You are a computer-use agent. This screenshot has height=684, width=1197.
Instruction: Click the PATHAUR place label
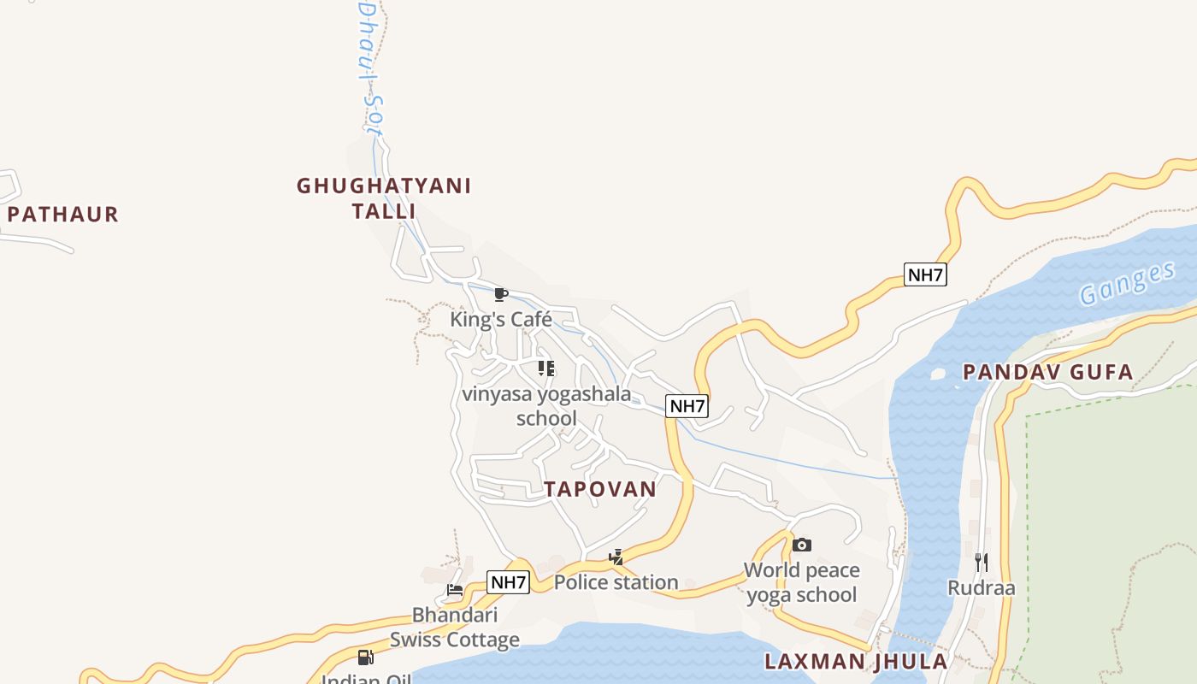coord(62,214)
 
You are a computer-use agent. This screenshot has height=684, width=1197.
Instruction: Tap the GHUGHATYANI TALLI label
coord(384,198)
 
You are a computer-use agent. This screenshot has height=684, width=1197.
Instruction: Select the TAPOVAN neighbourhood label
coord(600,489)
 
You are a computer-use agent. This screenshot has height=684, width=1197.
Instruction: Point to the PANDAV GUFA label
coord(1047,372)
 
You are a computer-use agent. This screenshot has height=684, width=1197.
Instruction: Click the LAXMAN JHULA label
coord(856,661)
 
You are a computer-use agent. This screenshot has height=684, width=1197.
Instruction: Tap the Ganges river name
coord(1127,284)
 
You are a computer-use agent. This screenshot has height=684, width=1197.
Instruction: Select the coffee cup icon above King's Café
coord(501,295)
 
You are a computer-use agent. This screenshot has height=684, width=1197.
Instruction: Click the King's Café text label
coord(501,320)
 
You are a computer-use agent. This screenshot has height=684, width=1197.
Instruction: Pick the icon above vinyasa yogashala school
coord(546,369)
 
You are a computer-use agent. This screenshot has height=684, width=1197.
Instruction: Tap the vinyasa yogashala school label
coord(546,406)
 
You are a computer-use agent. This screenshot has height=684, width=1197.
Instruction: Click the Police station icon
coord(616,557)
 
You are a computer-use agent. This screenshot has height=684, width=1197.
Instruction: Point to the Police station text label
coord(616,583)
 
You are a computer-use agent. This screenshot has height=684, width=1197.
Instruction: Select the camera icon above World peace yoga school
coord(801,545)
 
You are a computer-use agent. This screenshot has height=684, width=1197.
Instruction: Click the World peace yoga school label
coord(801,582)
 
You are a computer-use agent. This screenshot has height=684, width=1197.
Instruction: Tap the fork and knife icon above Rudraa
coord(981,562)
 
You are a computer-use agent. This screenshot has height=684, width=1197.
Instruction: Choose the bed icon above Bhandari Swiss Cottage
coord(455,590)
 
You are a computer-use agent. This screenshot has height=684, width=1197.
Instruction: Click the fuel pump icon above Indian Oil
coord(365,657)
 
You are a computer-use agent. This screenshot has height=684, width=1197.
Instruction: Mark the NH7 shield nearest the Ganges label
coord(925,274)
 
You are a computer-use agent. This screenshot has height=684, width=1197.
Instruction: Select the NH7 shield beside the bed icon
coord(508,582)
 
